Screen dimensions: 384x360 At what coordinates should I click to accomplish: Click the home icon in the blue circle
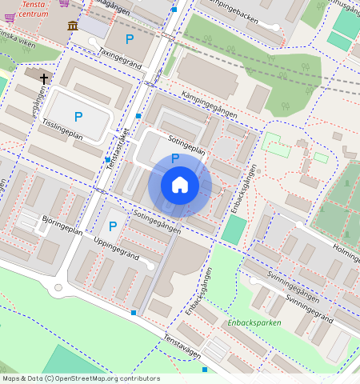pos(180,185)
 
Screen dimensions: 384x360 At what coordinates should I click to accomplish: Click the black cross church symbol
pos(43,78)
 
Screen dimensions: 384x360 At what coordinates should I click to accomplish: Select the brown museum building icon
pos(73,26)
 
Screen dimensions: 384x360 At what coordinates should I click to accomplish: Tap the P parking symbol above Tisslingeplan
pos(78,117)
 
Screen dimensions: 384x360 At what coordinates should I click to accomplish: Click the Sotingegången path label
pos(157,222)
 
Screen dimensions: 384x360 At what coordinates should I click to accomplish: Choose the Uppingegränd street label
pos(116,249)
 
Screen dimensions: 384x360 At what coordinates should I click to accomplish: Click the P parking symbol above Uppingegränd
pos(112,226)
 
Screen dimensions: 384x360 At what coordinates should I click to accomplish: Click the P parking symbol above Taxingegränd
pos(129,38)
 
